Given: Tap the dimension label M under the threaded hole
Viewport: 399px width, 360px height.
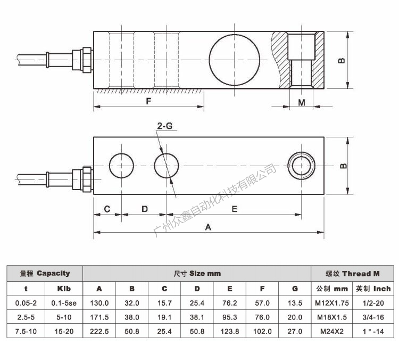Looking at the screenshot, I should click(302, 102).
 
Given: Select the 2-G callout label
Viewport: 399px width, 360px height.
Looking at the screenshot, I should click(164, 126).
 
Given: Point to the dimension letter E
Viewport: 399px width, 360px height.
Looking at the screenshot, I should click(234, 209).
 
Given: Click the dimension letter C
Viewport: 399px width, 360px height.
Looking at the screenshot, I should click(107, 209).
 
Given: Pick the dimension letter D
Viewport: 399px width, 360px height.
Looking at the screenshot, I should click(144, 209).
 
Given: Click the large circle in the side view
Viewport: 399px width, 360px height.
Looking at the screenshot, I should click(235, 59).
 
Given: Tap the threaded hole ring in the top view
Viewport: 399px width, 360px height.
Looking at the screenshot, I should click(302, 166).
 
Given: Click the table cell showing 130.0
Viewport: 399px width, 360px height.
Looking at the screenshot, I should click(99, 302).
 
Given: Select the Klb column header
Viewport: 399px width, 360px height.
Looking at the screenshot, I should click(64, 289).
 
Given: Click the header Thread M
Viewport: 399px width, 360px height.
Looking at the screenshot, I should click(353, 273).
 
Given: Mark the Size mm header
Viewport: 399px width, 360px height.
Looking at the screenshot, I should click(197, 273).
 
